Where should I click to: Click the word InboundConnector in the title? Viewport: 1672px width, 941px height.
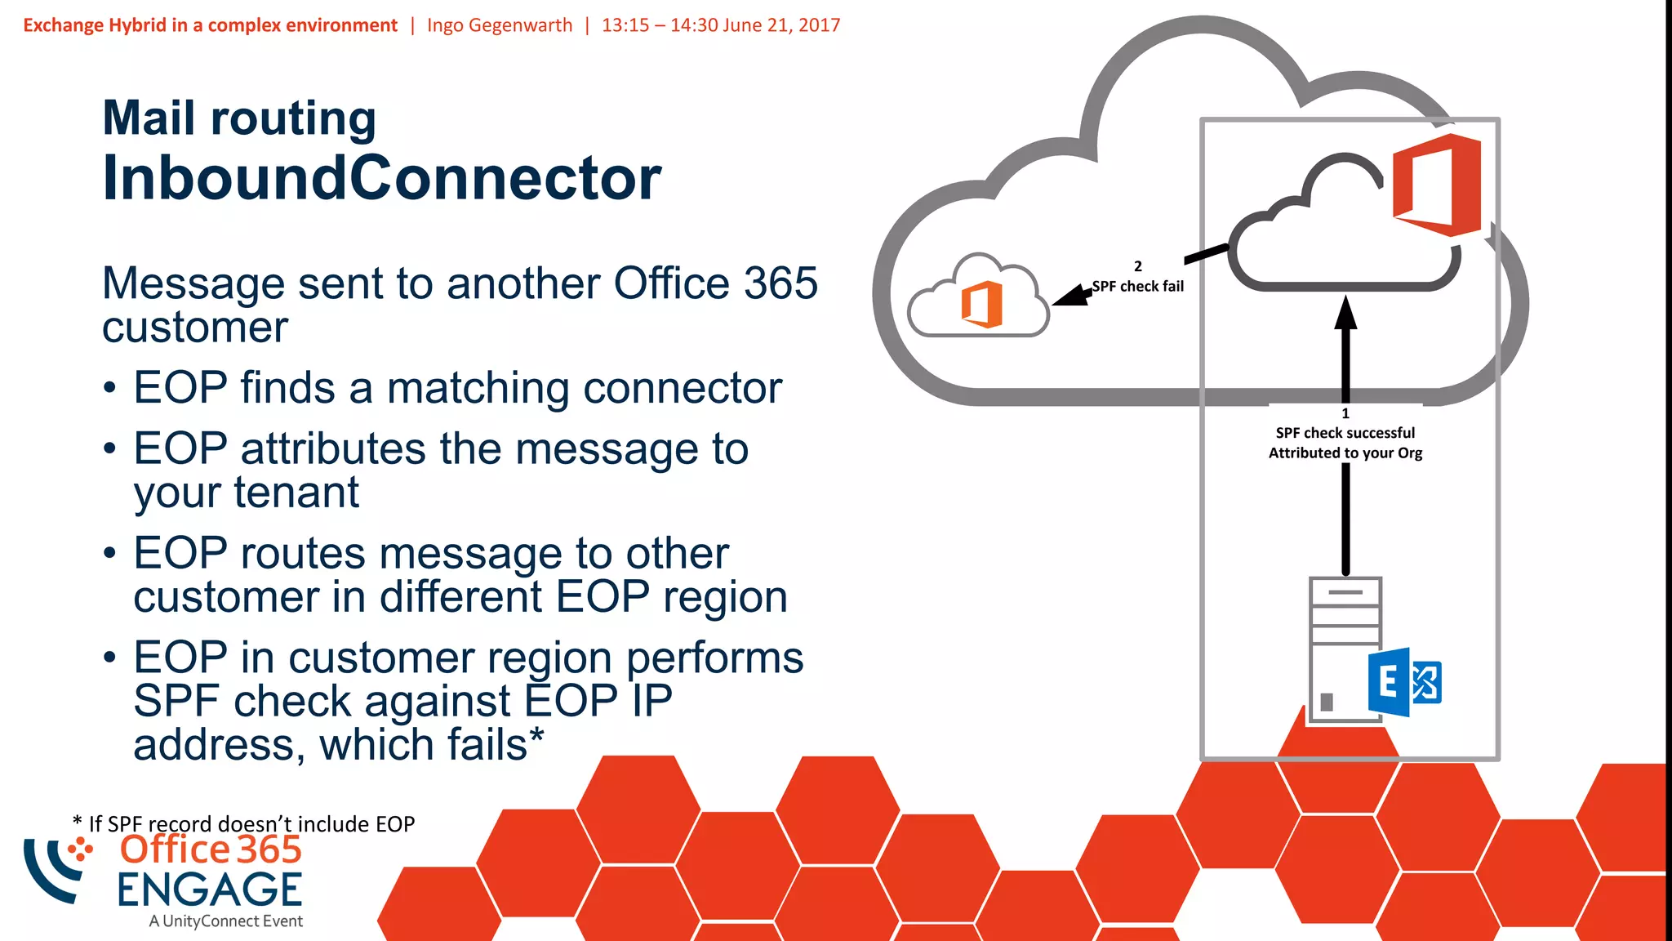pyautogui.click(x=381, y=178)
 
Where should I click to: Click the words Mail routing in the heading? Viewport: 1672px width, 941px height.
pyautogui.click(x=239, y=118)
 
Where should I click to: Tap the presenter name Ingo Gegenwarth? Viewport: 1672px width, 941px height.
pyautogui.click(x=500, y=25)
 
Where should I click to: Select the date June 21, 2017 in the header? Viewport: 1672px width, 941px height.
pyautogui.click(x=781, y=25)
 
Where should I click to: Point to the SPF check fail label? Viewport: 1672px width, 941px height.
pyautogui.click(x=1138, y=286)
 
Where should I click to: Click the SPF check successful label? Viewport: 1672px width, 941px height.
pyautogui.click(x=1345, y=433)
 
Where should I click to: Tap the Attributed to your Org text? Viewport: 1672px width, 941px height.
pyautogui.click(x=1345, y=453)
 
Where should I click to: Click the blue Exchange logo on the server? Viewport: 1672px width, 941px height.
pyautogui.click(x=1403, y=682)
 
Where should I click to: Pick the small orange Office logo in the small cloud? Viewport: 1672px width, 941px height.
pyautogui.click(x=982, y=304)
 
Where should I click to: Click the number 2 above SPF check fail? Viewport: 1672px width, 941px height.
pyautogui.click(x=1138, y=266)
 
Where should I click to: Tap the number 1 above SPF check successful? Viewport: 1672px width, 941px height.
pyautogui.click(x=1345, y=413)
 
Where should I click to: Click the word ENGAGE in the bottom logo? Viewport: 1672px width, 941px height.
pyautogui.click(x=210, y=890)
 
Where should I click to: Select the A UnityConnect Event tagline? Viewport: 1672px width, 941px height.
pyautogui.click(x=226, y=921)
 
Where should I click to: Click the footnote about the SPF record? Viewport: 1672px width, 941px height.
pyautogui.click(x=244, y=823)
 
